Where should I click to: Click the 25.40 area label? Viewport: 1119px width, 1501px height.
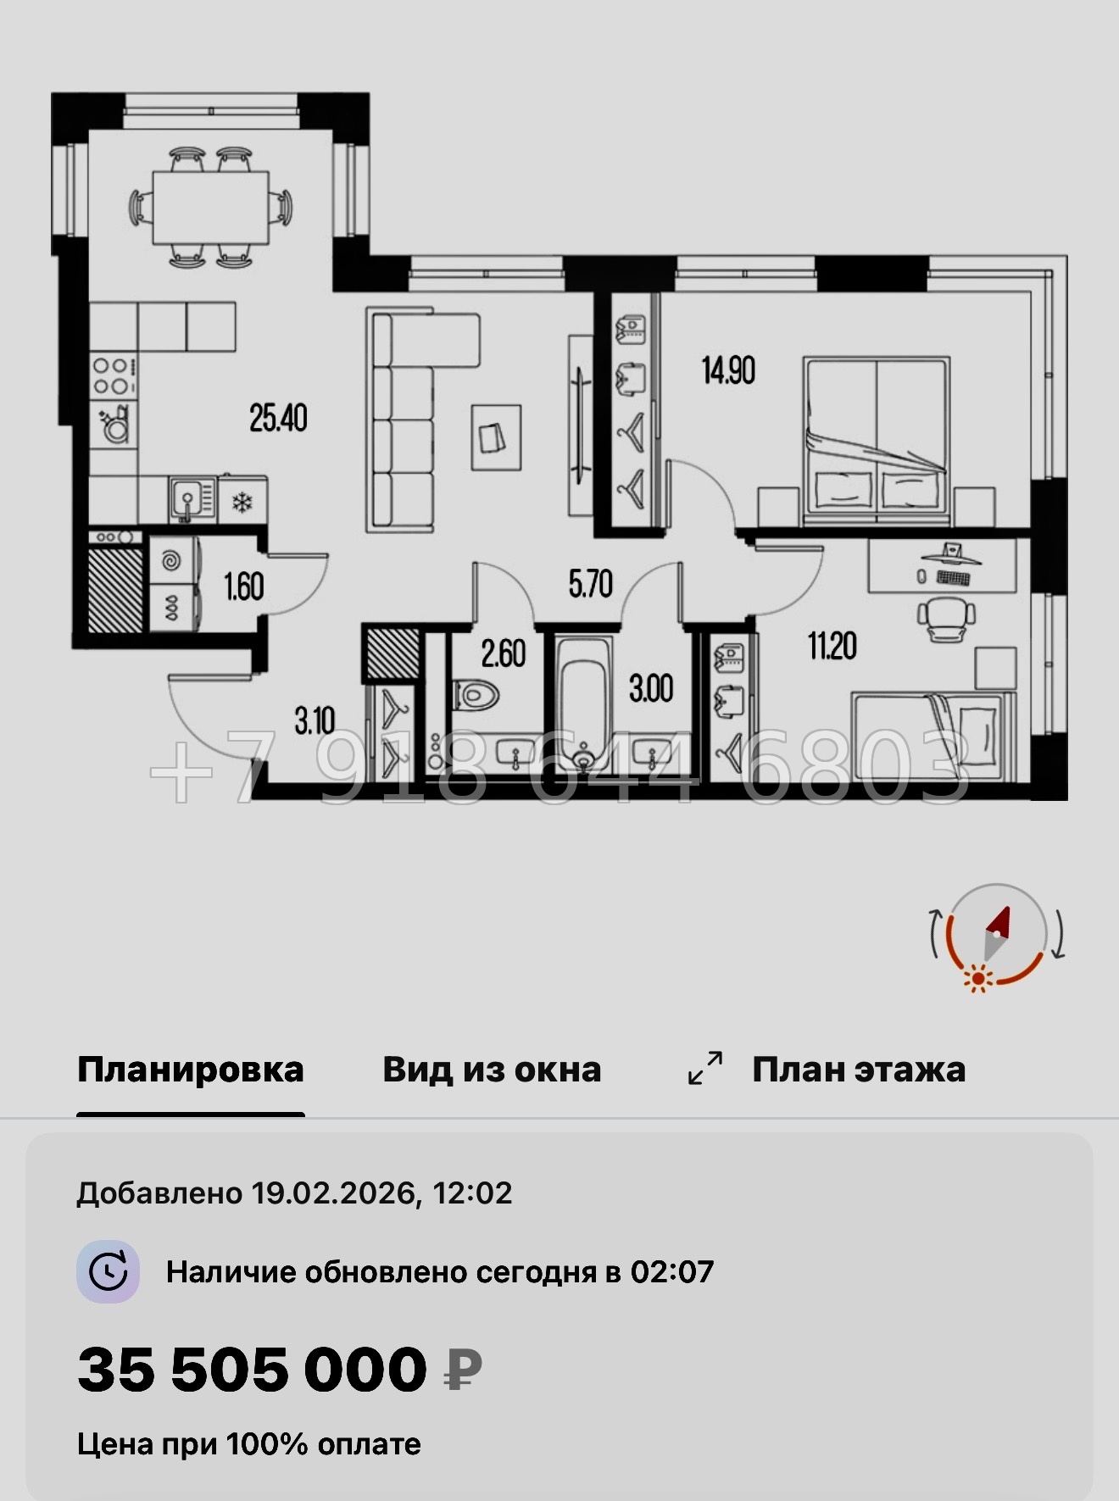(x=278, y=418)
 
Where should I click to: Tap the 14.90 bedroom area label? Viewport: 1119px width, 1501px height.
(x=728, y=370)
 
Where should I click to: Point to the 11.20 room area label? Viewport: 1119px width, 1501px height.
(x=832, y=646)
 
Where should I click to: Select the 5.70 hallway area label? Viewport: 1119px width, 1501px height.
(x=590, y=584)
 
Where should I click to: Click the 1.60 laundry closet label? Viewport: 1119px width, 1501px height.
(x=243, y=587)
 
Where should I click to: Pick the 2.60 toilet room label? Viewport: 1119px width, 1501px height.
(x=503, y=653)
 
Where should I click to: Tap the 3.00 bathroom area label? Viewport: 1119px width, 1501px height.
(x=650, y=688)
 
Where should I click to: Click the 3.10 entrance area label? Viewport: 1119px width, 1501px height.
(x=315, y=721)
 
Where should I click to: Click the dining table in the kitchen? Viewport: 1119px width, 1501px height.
(x=210, y=207)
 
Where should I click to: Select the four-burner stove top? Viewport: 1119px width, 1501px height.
(x=112, y=376)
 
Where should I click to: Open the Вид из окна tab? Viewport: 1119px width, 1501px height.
(x=492, y=1070)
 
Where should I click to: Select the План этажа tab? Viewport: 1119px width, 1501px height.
(x=858, y=1070)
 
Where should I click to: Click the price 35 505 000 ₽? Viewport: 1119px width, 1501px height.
(x=280, y=1370)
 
